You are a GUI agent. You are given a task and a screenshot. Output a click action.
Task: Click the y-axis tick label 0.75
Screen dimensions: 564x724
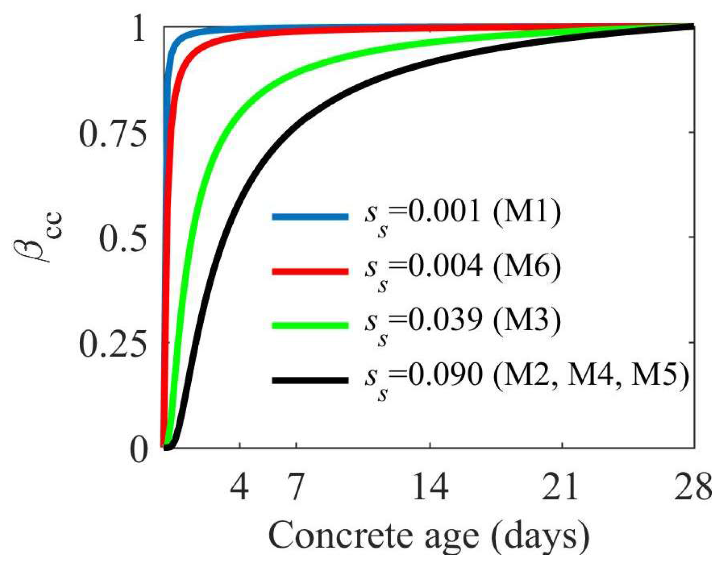113,134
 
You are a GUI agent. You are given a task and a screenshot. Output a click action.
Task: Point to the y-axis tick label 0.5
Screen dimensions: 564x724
123,238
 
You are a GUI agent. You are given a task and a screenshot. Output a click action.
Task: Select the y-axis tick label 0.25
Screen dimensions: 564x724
113,344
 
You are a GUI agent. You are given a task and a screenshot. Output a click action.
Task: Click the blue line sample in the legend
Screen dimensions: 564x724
310,216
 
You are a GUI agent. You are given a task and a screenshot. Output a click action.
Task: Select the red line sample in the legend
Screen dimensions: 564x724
310,271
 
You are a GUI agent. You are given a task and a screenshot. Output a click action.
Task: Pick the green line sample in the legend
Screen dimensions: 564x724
310,326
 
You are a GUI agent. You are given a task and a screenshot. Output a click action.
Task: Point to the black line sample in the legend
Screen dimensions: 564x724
310,380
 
